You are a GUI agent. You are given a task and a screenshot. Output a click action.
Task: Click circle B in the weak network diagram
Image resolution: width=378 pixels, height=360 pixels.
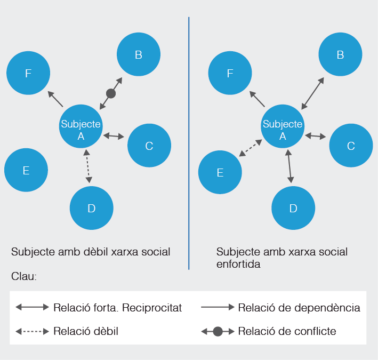tap(138, 54)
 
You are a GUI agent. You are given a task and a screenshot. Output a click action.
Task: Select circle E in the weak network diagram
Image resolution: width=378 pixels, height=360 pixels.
tap(26, 170)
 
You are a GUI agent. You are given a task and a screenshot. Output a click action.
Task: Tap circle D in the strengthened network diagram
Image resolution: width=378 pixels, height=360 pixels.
tap(293, 208)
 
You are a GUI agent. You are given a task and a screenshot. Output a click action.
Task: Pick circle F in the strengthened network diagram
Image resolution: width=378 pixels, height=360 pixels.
tap(230, 73)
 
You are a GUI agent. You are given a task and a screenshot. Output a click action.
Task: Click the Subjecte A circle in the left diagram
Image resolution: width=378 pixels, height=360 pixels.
tap(81, 127)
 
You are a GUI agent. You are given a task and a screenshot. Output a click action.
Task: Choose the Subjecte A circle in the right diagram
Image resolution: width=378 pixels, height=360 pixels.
tap(283, 127)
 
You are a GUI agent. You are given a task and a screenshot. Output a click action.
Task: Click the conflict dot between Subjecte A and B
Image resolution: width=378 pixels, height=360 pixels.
tap(111, 93)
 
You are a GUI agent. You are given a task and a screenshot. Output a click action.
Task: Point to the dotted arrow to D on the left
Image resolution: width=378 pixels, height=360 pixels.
tap(88, 167)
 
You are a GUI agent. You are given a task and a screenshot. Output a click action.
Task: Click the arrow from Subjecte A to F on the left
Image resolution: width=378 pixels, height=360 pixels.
tap(55, 99)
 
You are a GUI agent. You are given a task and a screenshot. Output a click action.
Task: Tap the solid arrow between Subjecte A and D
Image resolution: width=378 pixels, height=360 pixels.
tap(289, 166)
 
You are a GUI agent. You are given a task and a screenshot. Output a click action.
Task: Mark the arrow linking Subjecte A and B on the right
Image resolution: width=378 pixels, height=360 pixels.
tap(312, 93)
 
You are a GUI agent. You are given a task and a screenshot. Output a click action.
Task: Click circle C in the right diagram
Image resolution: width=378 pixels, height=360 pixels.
tap(350, 146)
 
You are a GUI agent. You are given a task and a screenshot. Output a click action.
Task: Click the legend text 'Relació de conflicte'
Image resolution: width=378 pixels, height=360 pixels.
tap(287, 331)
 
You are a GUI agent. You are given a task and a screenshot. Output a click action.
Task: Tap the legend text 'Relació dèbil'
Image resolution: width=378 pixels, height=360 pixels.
tap(85, 331)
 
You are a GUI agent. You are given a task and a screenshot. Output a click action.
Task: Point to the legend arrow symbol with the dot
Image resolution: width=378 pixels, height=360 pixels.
tap(218, 331)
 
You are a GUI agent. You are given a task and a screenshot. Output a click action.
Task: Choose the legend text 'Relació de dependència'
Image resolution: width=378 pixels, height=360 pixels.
tap(299, 308)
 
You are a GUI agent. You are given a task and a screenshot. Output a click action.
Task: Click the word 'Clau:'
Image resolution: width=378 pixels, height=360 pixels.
tap(24, 277)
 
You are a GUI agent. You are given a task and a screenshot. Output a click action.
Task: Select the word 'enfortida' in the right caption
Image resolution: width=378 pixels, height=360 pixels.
tap(238, 264)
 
